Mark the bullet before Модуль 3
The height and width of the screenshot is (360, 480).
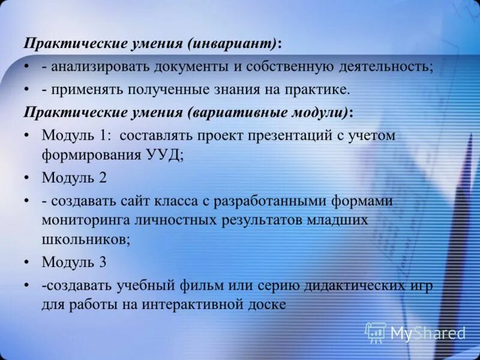click(27, 262)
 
